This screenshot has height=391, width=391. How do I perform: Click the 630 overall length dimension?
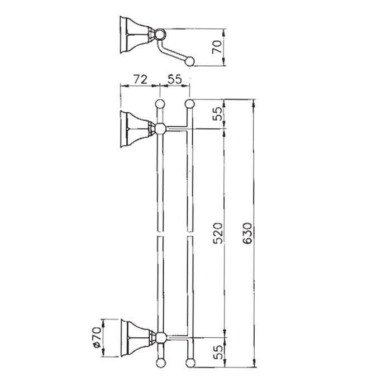pos(247,233)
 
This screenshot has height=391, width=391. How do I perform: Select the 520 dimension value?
pos(218,233)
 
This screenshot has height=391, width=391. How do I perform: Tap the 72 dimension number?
pos(140,79)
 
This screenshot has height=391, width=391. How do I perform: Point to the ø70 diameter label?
pos(97,337)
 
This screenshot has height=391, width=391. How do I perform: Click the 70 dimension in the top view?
pos(217,47)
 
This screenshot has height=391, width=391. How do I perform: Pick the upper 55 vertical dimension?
pos(217,114)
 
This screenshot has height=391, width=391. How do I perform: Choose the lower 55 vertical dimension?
pos(218,352)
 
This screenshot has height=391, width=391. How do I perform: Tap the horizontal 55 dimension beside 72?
pos(175,79)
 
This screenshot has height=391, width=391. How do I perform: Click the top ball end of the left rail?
pos(160,103)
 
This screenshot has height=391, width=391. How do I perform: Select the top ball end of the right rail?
pos(189,103)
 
